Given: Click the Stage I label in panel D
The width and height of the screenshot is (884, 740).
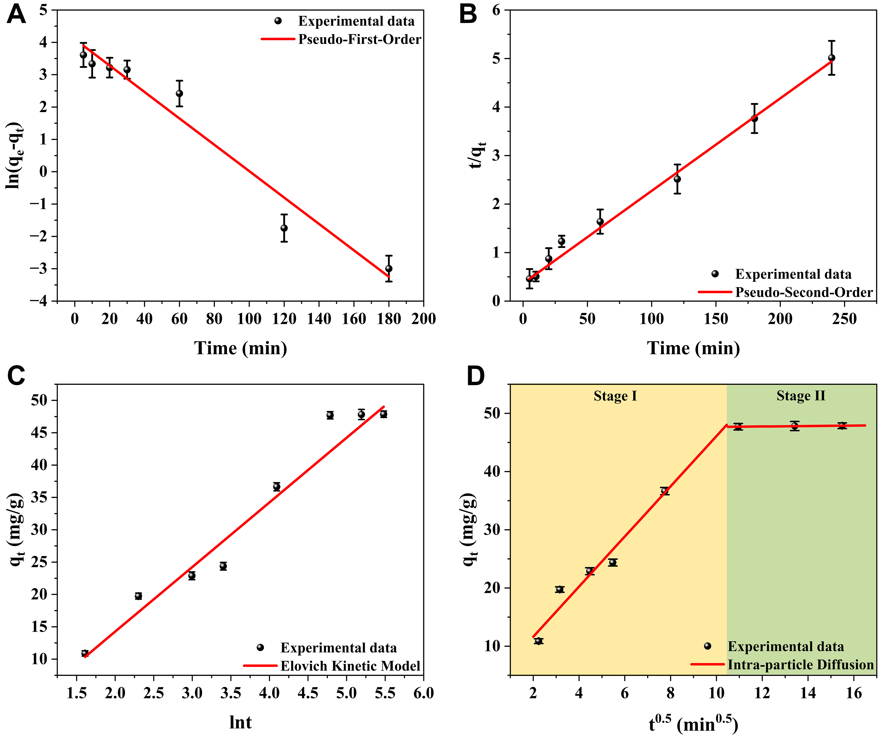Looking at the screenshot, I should tap(615, 396).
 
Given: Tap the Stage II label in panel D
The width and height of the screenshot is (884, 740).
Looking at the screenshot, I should tap(801, 396).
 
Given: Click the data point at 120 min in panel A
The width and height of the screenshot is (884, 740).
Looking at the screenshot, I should tap(284, 228).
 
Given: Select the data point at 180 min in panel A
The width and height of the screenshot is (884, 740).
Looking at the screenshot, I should tap(388, 269).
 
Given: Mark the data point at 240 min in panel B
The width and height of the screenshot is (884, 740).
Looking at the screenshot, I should tap(831, 58).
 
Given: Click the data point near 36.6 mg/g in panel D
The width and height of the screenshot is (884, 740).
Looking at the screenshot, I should tap(664, 491).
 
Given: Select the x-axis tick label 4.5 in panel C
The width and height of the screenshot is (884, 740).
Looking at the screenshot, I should tap(308, 693).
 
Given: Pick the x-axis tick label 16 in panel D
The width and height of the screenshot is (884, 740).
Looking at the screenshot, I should tap(854, 693).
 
